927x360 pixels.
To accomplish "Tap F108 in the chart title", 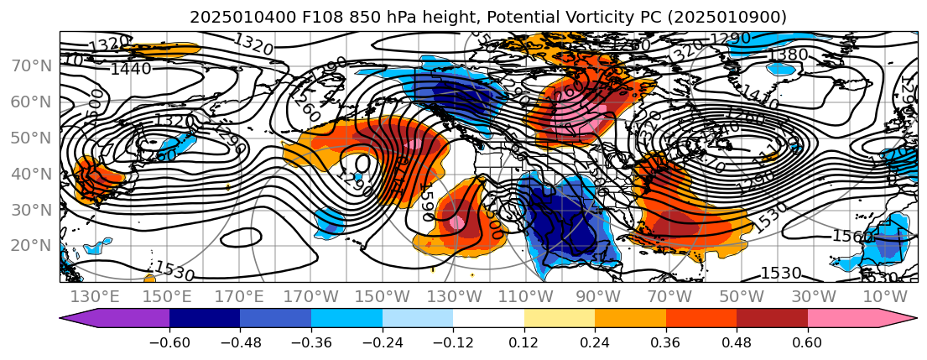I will [294, 17].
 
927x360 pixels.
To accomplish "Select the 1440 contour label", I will [130, 69].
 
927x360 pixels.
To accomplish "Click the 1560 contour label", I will [852, 237].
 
